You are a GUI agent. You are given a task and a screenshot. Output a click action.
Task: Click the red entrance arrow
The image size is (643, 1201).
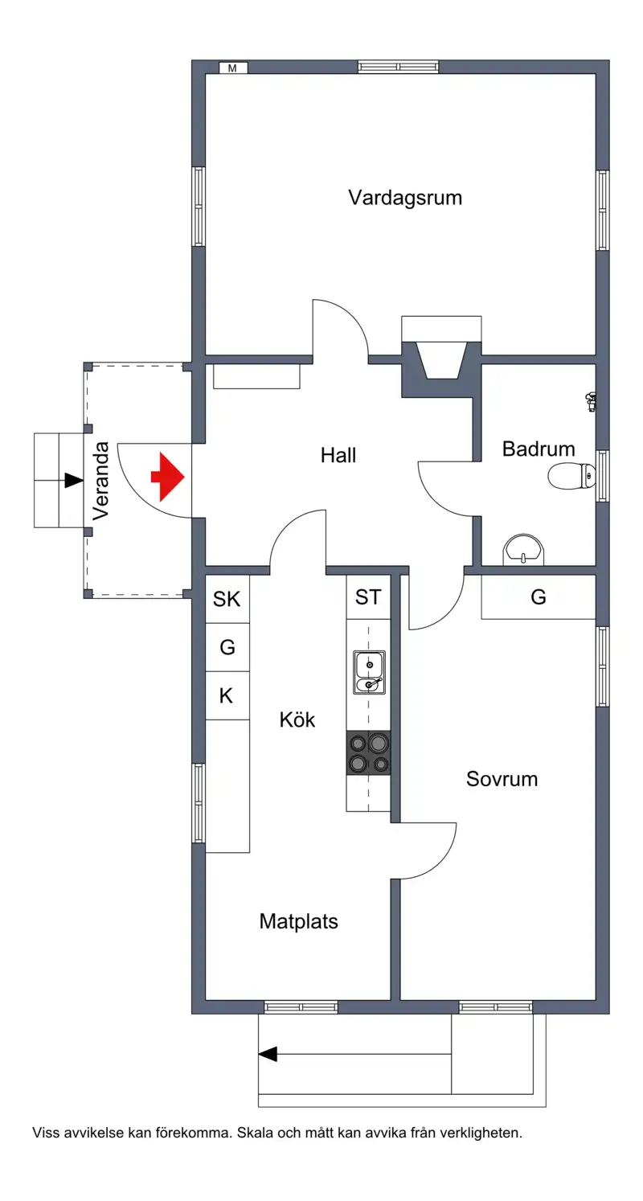click(168, 477)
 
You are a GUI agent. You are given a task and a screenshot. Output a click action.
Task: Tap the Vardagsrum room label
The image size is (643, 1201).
click(405, 198)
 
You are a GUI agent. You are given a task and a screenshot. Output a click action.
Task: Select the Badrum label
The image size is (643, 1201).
click(539, 449)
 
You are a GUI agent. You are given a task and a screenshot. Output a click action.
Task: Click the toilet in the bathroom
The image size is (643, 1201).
click(571, 476)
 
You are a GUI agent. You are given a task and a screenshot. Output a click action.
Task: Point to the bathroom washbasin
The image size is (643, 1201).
click(523, 550)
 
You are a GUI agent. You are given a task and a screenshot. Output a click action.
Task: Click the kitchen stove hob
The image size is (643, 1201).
click(368, 752)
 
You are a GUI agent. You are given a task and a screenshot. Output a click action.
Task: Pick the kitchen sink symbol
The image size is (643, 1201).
click(369, 672)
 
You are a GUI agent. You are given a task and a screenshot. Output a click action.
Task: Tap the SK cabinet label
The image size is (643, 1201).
click(227, 599)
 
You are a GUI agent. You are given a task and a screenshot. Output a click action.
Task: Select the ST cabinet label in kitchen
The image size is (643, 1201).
click(368, 596)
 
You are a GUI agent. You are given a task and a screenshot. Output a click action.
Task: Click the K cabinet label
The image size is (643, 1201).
click(226, 695)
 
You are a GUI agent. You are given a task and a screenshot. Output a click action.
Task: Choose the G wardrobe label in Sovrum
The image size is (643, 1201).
click(539, 596)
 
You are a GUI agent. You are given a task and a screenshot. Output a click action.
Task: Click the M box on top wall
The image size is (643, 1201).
click(233, 68)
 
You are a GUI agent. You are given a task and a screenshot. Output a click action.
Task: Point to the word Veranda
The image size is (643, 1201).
click(100, 481)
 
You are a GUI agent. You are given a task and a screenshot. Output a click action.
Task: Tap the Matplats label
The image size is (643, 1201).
click(299, 922)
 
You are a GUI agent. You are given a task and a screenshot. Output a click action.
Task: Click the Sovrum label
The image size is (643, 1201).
click(502, 779)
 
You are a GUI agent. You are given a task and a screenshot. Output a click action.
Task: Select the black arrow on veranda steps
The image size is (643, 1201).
click(74, 481)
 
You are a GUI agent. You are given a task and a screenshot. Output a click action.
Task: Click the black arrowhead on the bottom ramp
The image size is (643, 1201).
click(268, 1054)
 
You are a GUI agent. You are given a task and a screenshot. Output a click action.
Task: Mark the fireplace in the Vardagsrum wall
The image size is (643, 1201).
click(441, 357)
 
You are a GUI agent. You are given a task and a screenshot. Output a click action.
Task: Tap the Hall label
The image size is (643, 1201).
click(338, 455)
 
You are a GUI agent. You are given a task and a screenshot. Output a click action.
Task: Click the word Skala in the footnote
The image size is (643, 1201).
click(256, 1133)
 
